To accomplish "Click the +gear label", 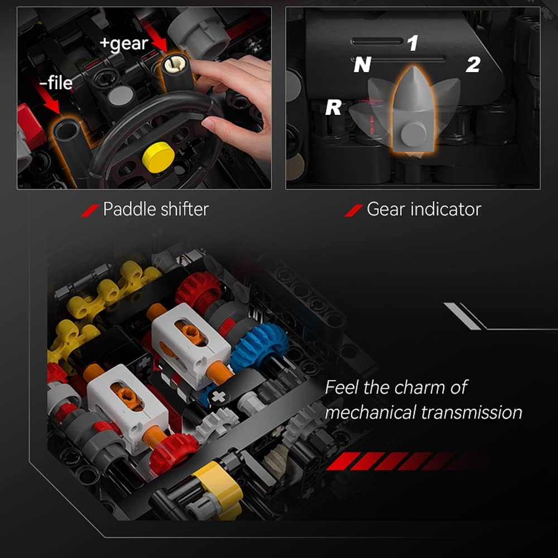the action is [x=124, y=44].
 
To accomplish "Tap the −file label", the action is [x=56, y=83].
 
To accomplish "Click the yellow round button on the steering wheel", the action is [x=158, y=157].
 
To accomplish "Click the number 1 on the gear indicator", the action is [x=412, y=43].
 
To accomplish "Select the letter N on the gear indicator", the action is [x=362, y=64].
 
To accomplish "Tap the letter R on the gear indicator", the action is [x=334, y=107].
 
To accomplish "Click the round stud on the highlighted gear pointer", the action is [x=413, y=132].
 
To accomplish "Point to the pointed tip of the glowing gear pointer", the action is [x=413, y=67].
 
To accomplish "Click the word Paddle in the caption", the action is [x=129, y=209].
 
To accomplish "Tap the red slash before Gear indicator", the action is [x=353, y=211].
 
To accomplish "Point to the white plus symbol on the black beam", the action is [x=219, y=396].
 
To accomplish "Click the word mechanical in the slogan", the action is [x=371, y=413].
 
